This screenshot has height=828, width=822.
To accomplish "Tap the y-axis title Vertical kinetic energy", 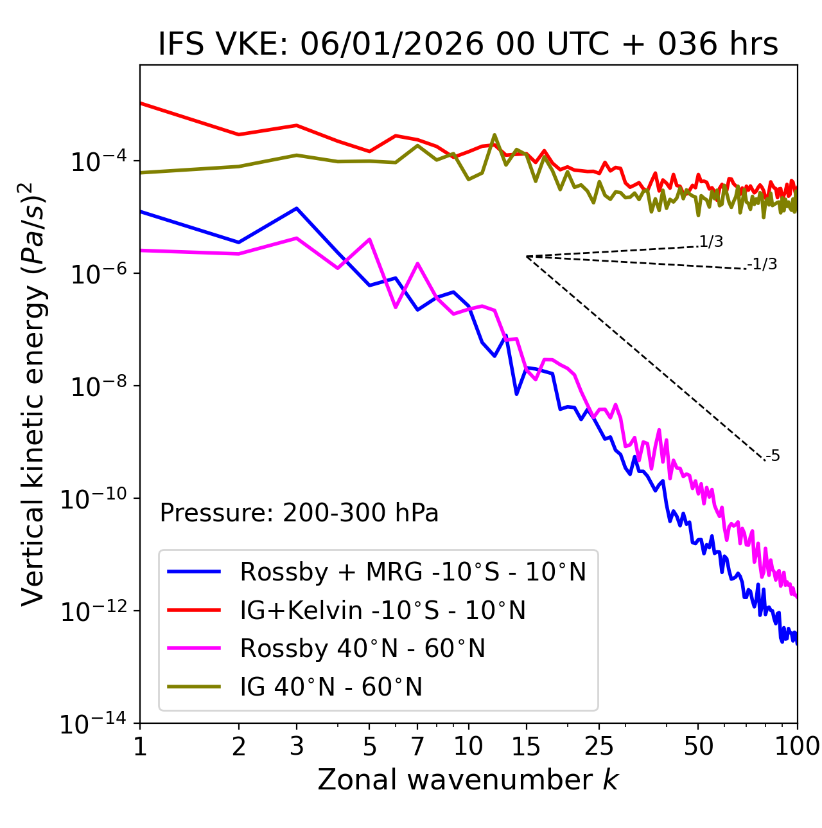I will coord(33,393).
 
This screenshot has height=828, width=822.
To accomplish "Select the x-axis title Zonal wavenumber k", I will coord(468,780).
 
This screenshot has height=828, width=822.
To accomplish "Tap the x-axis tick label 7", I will coord(417,746).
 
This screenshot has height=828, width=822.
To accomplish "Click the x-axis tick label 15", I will coord(526,746).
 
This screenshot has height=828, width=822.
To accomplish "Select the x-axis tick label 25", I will coord(599,746).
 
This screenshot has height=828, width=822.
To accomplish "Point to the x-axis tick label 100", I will coord(797,746).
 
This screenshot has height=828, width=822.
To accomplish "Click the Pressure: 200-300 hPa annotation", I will coord(299,513).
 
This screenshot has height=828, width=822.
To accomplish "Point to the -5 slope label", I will coord(773,456).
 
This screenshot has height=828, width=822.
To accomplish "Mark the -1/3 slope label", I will coord(762,264).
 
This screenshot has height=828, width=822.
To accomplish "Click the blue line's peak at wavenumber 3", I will coord(296,208).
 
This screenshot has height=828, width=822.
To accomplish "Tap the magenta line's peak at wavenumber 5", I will coord(369,239).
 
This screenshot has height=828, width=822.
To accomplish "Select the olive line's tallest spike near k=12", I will coord(494,135).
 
